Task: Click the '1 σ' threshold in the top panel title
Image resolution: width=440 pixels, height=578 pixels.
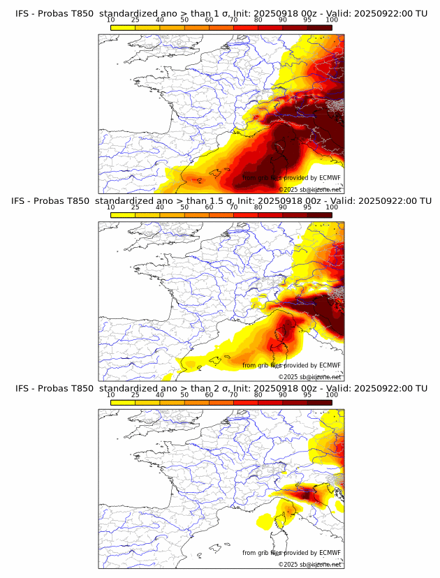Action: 223,14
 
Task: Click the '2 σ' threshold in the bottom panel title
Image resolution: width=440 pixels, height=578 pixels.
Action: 223,388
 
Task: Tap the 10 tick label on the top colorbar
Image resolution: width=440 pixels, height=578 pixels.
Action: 110,20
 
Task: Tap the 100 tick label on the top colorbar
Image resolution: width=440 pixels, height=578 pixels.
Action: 332,20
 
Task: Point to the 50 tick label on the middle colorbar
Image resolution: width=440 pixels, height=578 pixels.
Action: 184,207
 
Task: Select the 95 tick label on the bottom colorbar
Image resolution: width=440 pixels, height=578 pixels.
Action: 307,394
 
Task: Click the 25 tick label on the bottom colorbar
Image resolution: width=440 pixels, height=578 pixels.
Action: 135,394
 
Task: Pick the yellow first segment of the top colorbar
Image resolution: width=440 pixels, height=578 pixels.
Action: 123,27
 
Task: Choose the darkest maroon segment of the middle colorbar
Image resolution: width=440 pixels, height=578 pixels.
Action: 320,214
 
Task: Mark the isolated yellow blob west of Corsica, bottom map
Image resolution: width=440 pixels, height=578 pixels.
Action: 265,520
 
